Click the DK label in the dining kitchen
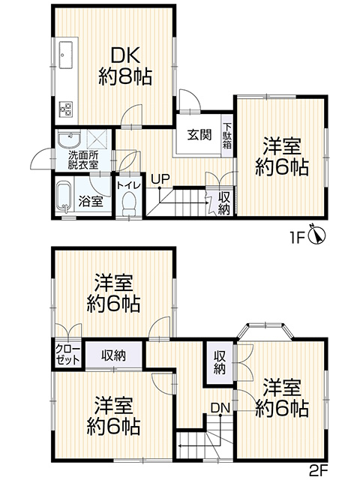point(125,55)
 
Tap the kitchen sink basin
point(66,55)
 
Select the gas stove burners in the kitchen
point(66,109)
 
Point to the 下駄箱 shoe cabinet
point(226,136)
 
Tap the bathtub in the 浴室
point(64,196)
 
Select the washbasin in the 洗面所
point(69,140)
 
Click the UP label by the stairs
point(159,179)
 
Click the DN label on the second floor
point(220,407)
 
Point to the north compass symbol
point(318,235)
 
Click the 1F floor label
point(297,238)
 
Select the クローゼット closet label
point(67,355)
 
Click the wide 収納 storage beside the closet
point(113,355)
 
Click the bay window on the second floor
point(265,331)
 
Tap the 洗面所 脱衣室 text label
point(83,160)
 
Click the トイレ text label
point(129,185)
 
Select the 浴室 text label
point(90,201)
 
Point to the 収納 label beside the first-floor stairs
point(224,203)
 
